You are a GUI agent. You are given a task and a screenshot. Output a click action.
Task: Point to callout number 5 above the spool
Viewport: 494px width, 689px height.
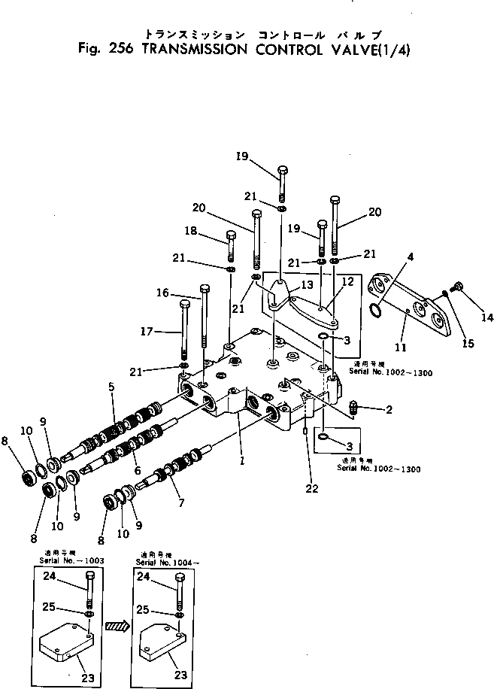pos(111,387)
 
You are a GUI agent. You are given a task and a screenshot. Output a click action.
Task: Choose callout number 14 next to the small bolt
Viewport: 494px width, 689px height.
pos(487,317)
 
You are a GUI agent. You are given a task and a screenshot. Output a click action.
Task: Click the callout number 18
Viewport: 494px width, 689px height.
pos(191,232)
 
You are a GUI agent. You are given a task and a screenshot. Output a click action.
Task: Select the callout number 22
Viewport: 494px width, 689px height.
pos(312,488)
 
